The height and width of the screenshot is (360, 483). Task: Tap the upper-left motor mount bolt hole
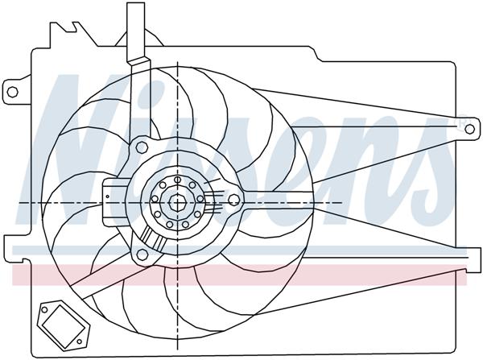pos(142,147)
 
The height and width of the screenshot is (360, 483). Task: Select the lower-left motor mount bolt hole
pos(142,255)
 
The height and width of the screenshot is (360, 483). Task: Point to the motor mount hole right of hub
pos(234,199)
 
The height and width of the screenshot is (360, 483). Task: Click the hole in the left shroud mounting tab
pos(12,92)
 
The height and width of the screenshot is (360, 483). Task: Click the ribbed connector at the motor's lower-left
pos(151,238)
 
